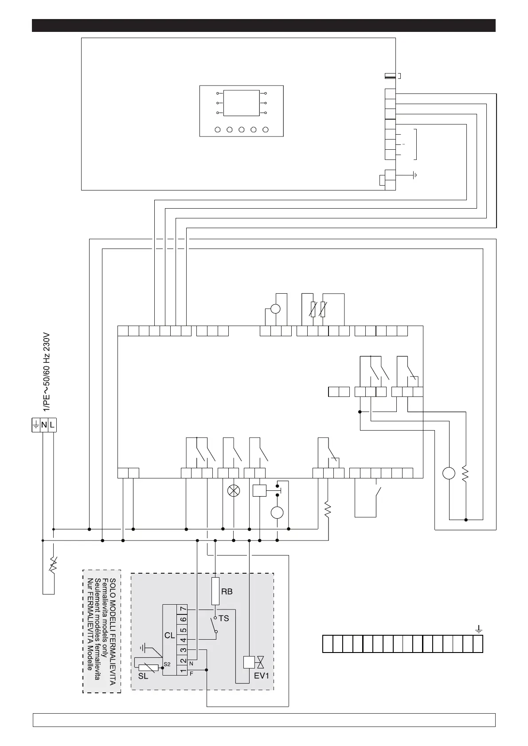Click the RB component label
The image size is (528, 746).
coord(227,591)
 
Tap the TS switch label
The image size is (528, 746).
coord(224,618)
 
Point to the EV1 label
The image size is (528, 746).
coord(262,676)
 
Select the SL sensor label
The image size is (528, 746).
coord(143,676)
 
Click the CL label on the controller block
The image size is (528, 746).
coord(170,635)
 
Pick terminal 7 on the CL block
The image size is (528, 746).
coord(183,610)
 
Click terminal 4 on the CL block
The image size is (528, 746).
coord(183,640)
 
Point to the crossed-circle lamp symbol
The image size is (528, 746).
coord(233,490)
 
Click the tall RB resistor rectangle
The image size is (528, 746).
coord(216,591)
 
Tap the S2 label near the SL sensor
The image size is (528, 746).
coord(167,664)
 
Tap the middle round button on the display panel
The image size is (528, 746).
coord(242,130)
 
